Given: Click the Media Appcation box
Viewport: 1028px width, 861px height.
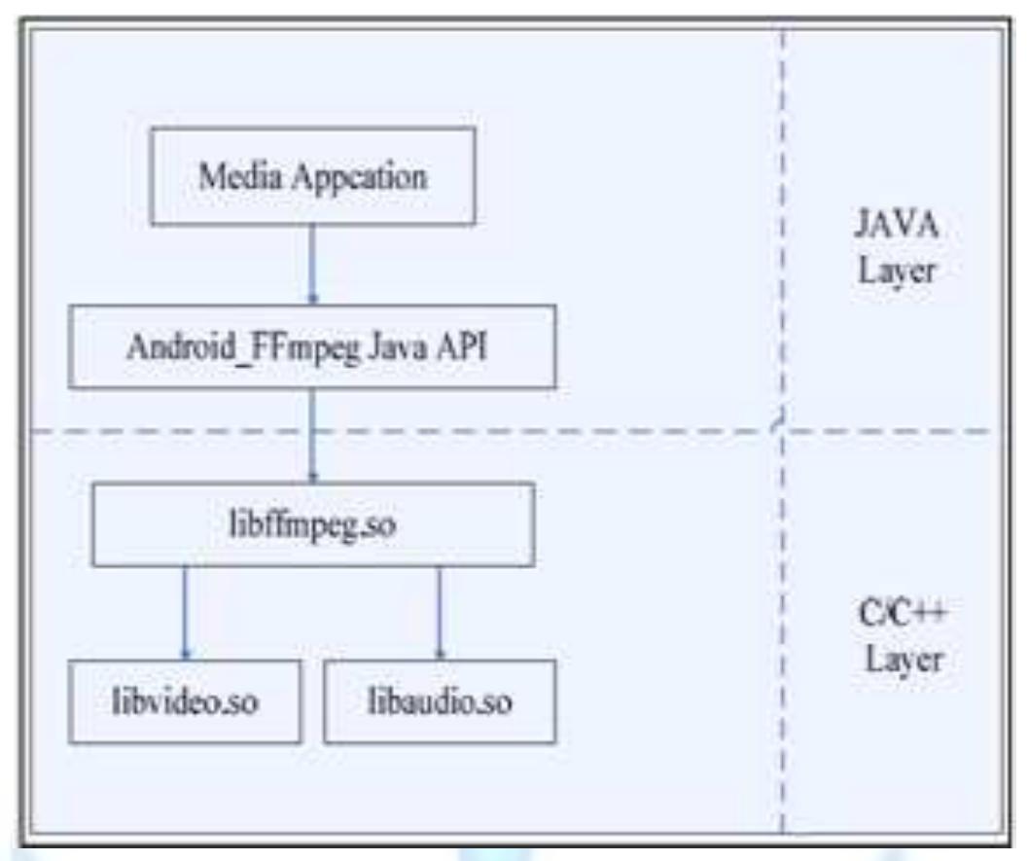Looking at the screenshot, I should [x=312, y=176].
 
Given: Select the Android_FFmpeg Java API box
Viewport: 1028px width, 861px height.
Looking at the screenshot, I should [x=312, y=346].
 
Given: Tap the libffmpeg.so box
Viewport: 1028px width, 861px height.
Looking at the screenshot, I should [x=312, y=524].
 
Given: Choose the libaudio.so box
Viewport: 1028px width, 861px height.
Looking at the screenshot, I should [x=440, y=701].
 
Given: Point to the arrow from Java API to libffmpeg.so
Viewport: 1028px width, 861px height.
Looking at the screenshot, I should [x=312, y=435].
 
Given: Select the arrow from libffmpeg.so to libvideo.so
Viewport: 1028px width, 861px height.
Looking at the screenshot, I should [x=185, y=613].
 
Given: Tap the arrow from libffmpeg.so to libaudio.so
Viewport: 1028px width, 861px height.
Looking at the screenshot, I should [x=440, y=613].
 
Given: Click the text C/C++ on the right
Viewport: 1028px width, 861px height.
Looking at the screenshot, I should [x=895, y=615].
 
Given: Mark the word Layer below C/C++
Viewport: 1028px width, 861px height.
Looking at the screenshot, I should [x=895, y=659].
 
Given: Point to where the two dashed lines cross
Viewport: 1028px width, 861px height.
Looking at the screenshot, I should [x=782, y=429].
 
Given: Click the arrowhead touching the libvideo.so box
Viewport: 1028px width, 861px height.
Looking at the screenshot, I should [x=185, y=654].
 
